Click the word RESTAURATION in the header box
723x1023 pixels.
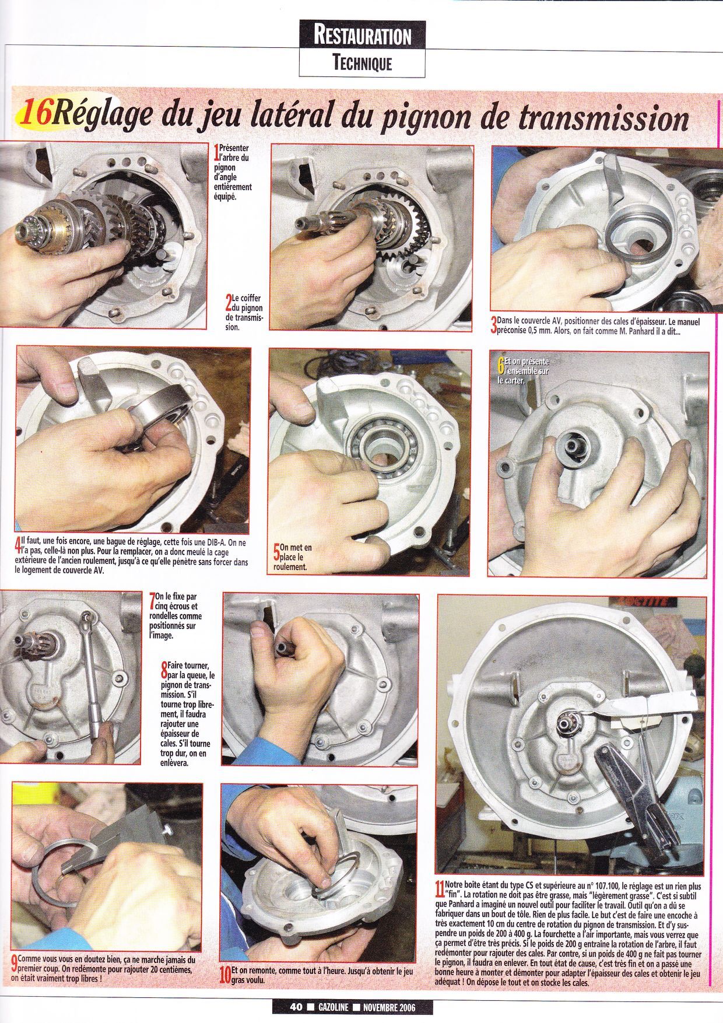tap(362, 36)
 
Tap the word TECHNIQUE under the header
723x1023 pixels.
tap(362, 63)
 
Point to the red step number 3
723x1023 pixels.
tap(494, 326)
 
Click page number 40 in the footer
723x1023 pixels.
tap(294, 1007)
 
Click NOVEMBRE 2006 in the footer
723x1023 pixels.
tap(390, 1007)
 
